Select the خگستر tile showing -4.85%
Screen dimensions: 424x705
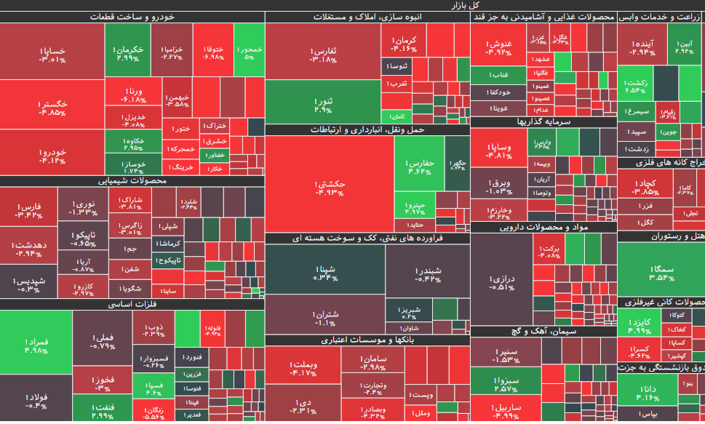(x=52, y=108)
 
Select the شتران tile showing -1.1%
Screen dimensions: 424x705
(x=324, y=317)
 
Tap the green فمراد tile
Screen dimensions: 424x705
(x=36, y=345)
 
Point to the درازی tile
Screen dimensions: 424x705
(x=501, y=281)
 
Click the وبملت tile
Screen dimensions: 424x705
(x=303, y=368)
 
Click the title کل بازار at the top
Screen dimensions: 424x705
(x=352, y=5)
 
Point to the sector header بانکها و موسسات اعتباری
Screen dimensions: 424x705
(x=367, y=340)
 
